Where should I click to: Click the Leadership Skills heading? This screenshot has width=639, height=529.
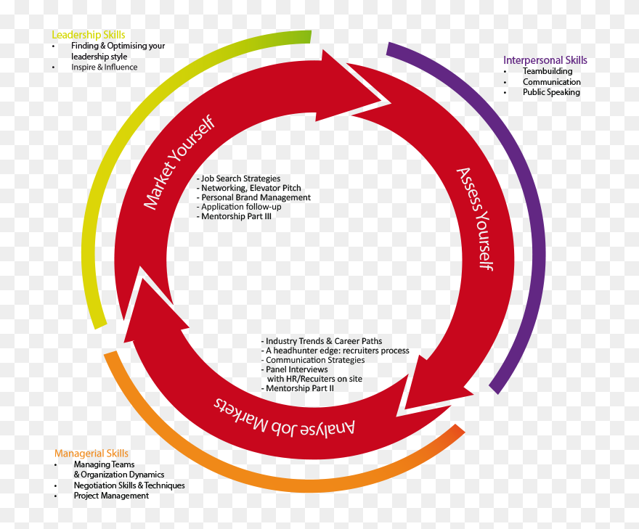tap(88, 35)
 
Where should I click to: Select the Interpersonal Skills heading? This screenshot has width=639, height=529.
tap(545, 60)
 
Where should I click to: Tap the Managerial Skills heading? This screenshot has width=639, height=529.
tap(91, 454)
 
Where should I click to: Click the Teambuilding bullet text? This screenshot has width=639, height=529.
tap(547, 71)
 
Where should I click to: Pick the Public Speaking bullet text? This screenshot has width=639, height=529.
tap(551, 92)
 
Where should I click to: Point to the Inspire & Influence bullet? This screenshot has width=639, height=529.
tap(104, 67)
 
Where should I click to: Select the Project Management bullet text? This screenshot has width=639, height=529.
tap(110, 496)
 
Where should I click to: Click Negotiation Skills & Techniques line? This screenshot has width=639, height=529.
tap(129, 485)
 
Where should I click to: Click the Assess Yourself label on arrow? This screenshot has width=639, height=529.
tap(475, 218)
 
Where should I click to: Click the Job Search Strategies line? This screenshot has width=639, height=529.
tap(238, 179)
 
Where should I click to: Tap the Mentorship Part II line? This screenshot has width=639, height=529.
tap(297, 388)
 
